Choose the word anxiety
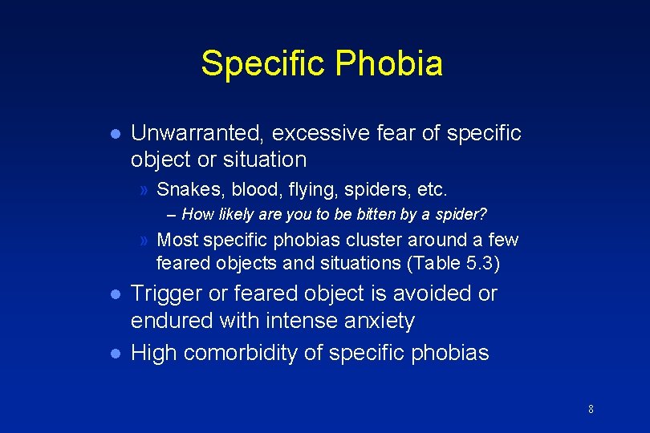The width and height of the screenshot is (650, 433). tap(377, 322)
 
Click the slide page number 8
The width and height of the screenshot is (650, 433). tap(591, 410)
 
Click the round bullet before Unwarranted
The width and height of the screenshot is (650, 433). tap(116, 133)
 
